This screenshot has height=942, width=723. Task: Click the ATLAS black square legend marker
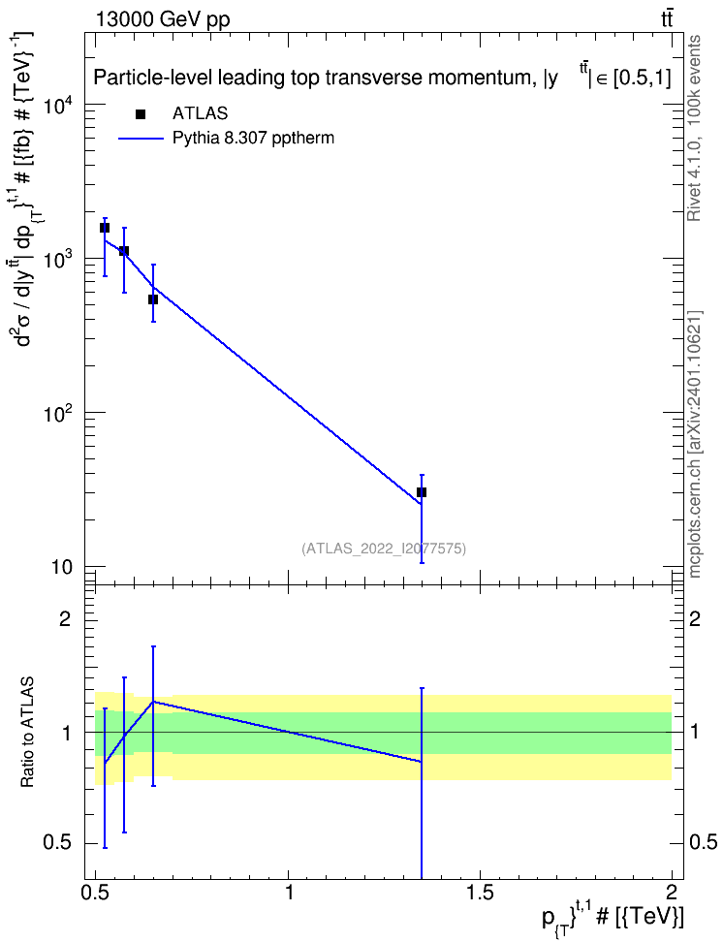pyautogui.click(x=141, y=114)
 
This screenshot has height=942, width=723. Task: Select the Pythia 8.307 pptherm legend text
pyautogui.click(x=253, y=139)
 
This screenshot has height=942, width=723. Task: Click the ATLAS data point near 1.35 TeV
pyautogui.click(x=422, y=492)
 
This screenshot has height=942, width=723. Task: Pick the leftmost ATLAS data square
pyautogui.click(x=105, y=228)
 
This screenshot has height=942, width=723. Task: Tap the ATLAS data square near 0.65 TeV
pyautogui.click(x=153, y=299)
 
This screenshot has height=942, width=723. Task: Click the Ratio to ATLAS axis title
pyautogui.click(x=27, y=732)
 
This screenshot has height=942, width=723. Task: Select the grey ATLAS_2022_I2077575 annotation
pyautogui.click(x=384, y=548)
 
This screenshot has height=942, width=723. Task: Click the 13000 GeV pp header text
pyautogui.click(x=162, y=19)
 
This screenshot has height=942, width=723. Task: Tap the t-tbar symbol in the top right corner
pyautogui.click(x=667, y=18)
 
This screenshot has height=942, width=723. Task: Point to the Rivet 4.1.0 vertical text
pyautogui.click(x=694, y=128)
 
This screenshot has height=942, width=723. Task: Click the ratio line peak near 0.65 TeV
pyautogui.click(x=153, y=701)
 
